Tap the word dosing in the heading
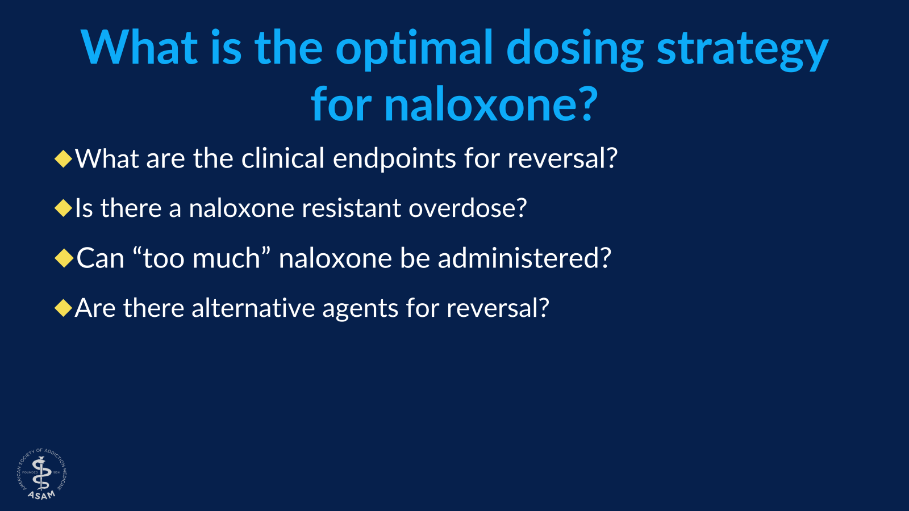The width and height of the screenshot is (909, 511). (574, 49)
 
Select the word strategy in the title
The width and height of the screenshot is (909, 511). (742, 49)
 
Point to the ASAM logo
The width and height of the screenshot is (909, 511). (41, 474)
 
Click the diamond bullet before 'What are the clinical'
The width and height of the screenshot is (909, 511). (64, 158)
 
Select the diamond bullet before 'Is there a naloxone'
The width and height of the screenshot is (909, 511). (64, 208)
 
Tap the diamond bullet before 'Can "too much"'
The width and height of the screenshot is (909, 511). (64, 258)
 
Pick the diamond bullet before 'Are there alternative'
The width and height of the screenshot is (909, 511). (64, 308)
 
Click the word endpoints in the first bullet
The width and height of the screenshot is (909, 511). (394, 158)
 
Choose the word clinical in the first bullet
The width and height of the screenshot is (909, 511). (282, 158)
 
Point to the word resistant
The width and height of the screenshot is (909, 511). (351, 208)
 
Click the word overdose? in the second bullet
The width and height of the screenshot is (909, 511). (468, 208)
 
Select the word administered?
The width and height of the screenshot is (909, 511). (524, 258)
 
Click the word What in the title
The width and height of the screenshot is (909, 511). (139, 49)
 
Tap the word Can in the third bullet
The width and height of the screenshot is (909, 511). (100, 258)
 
